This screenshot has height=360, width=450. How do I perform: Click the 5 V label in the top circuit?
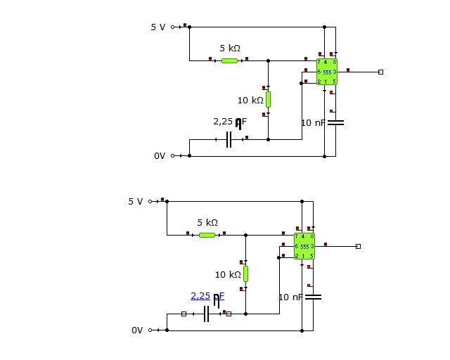click(x=158, y=27)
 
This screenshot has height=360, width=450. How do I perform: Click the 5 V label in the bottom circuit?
click(x=136, y=201)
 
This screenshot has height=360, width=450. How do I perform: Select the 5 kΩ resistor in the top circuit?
click(x=229, y=60)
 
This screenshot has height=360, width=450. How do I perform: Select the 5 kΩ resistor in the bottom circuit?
click(x=207, y=235)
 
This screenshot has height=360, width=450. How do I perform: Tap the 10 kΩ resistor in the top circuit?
click(x=268, y=99)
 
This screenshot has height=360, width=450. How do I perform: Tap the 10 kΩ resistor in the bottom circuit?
click(x=245, y=274)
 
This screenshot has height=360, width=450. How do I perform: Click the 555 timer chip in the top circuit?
click(x=327, y=72)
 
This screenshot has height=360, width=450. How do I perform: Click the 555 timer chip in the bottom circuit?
click(x=304, y=246)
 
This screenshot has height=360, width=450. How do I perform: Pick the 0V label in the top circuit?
click(x=160, y=156)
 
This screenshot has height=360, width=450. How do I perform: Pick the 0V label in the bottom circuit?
click(x=137, y=330)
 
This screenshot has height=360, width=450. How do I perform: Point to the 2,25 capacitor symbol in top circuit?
click(x=229, y=139)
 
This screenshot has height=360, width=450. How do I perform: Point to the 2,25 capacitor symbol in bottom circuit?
click(x=207, y=314)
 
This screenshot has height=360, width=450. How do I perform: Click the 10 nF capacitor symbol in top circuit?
click(x=336, y=122)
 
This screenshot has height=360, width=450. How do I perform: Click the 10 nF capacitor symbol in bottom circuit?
click(x=313, y=297)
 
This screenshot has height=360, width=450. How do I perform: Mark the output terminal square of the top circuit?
click(x=380, y=72)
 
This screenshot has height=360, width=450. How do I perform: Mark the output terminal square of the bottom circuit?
click(x=358, y=246)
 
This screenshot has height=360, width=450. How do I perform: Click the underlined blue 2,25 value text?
click(x=200, y=296)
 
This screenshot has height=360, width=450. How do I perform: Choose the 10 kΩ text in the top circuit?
click(x=249, y=100)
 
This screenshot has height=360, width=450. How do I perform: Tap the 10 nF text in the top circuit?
click(x=313, y=123)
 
